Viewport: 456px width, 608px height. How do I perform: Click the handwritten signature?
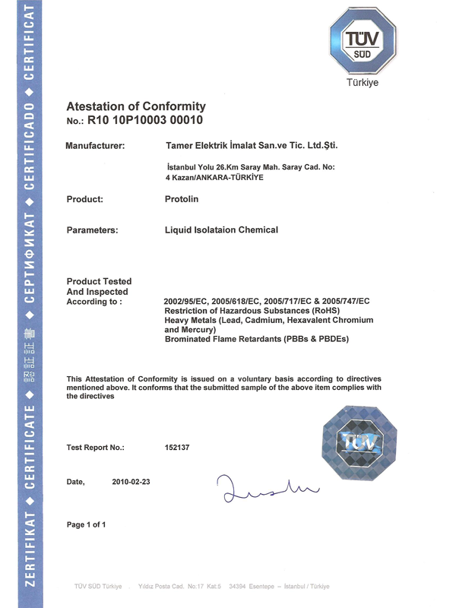[259, 487]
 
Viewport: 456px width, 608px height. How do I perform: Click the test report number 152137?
[177, 448]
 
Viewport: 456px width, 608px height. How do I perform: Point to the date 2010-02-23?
[131, 482]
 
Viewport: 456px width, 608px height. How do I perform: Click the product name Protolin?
[182, 199]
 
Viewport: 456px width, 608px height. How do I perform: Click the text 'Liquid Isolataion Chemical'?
[222, 230]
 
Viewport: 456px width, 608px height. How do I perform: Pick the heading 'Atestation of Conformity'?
[136, 106]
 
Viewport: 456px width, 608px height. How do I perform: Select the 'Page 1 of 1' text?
[86, 524]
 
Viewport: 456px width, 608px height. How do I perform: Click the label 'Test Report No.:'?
[96, 448]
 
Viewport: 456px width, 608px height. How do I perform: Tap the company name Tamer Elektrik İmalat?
[251, 144]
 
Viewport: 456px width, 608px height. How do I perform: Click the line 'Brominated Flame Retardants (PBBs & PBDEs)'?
[255, 339]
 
